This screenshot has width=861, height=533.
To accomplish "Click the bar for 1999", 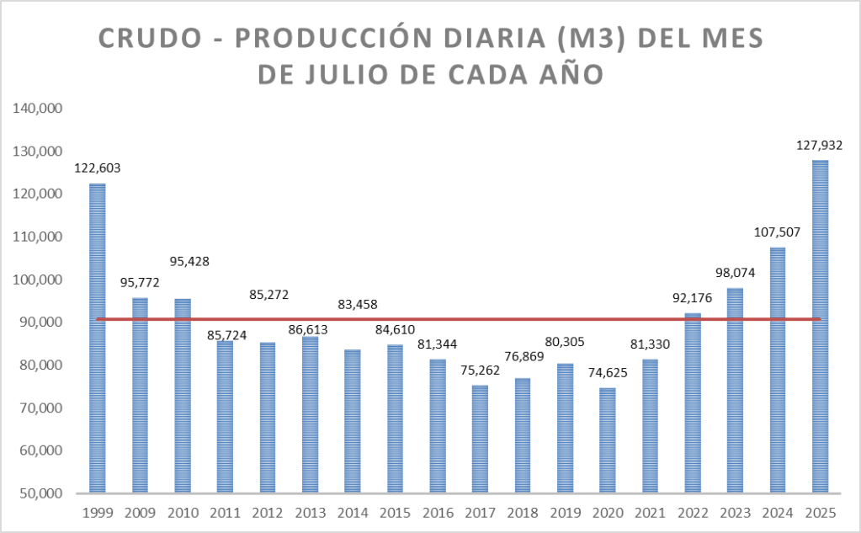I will [x=98, y=338].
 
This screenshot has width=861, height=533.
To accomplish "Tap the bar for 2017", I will [x=480, y=439].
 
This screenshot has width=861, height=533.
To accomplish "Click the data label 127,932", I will [x=820, y=145].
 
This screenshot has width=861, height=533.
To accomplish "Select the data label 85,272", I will [x=268, y=296].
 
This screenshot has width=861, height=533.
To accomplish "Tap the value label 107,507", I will [x=777, y=232].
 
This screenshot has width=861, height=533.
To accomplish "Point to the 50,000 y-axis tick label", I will [x=37, y=493].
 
